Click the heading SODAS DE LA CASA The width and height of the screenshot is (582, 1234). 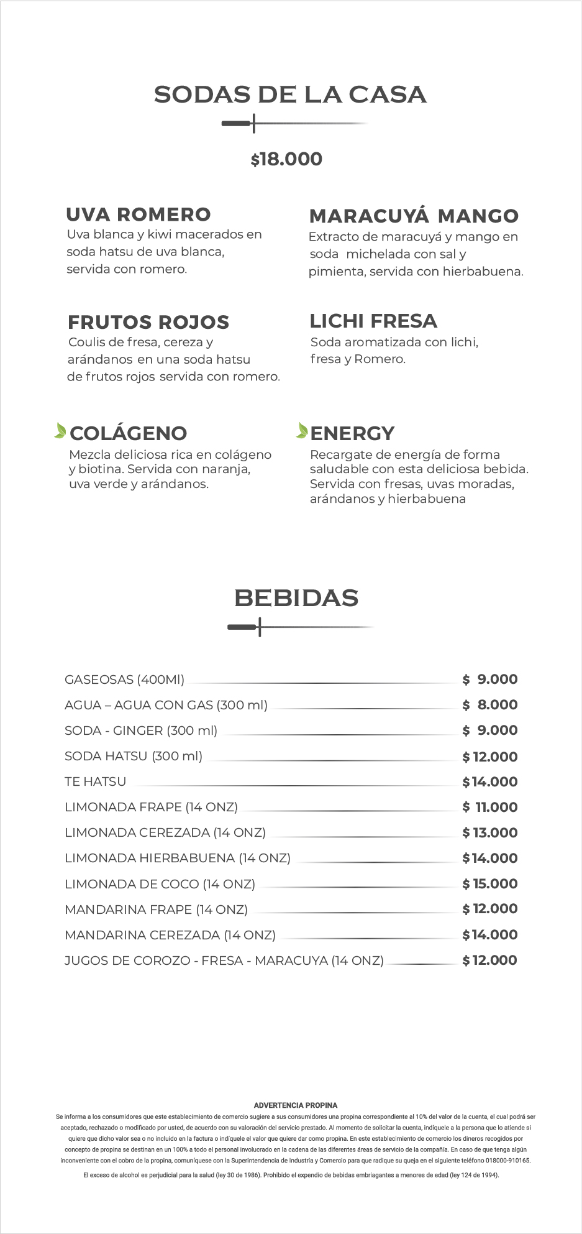290,94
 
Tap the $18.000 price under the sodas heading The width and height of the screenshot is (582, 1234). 286,159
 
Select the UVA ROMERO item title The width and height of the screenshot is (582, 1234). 139,214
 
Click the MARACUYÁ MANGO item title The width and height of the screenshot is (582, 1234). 414,216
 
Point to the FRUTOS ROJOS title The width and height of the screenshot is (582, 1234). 148,322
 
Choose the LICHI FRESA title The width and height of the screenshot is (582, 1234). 373,321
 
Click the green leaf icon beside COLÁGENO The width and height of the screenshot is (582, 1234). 60,430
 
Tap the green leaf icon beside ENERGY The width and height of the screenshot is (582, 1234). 302,430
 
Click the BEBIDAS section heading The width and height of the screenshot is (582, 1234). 296,598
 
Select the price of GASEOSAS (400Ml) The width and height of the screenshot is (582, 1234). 490,679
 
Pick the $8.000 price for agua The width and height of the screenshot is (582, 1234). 490,705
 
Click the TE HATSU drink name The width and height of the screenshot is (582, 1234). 96,781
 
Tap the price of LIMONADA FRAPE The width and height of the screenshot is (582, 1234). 490,807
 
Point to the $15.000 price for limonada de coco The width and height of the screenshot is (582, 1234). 490,883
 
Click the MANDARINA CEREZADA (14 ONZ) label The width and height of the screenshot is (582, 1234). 170,935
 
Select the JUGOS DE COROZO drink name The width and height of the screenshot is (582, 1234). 224,960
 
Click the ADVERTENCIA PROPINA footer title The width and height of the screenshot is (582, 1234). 296,1105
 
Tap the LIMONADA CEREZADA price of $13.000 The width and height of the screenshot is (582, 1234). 490,832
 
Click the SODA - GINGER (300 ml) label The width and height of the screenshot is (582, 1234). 141,730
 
